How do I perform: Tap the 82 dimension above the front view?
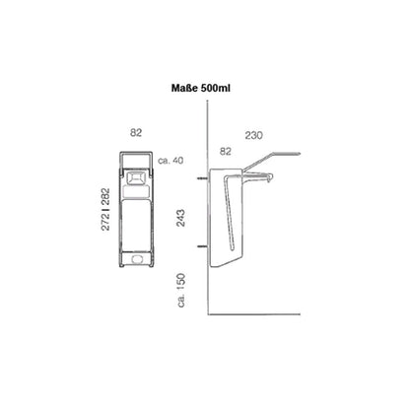pyautogui.click(x=136, y=132)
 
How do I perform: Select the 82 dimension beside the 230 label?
pyautogui.click(x=226, y=151)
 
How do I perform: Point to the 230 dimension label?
pyautogui.click(x=253, y=135)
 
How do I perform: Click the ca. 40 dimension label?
pyautogui.click(x=171, y=161)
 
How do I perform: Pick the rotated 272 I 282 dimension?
pyautogui.click(x=105, y=209)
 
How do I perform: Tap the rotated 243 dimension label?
pyautogui.click(x=180, y=218)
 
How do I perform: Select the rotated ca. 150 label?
pyautogui.click(x=181, y=290)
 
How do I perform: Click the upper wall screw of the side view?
pyautogui.click(x=202, y=178)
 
